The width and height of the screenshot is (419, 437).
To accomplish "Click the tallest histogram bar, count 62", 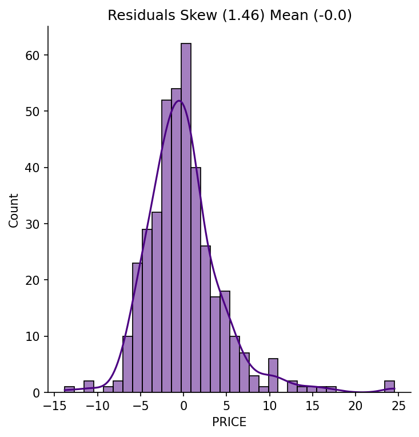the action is coord(186,218).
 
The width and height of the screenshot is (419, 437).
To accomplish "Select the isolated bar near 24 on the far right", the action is coord(389,387).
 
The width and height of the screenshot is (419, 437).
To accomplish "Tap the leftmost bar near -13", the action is coord(69,390).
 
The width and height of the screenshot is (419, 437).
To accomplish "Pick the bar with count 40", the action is coord(196,280).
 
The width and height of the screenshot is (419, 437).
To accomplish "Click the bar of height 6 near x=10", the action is coord(273,375).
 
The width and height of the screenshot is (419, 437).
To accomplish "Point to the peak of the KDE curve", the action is coord(179,101).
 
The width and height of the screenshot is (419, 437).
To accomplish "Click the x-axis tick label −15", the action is coord(55,406).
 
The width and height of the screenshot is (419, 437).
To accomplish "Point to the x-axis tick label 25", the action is coord(398,406).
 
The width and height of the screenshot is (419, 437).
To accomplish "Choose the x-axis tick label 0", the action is coord(183,406).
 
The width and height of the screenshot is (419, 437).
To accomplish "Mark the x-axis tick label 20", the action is coord(356,406).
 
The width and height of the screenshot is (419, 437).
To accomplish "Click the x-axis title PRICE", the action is coord(229,422).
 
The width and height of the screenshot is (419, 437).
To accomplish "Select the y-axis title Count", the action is coord(13,210).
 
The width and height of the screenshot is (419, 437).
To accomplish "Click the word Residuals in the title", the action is coord(141,15).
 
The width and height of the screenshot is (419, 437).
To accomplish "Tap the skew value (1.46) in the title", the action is coord(243,15).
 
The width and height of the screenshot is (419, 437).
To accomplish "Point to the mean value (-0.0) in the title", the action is coord(333,15).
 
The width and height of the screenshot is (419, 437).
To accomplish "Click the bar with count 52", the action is coord(166,246).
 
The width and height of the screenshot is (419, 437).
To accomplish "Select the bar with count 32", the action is coord(157,302).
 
